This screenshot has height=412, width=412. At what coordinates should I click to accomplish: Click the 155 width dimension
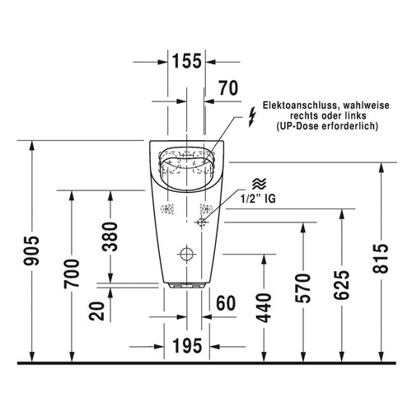[187, 61]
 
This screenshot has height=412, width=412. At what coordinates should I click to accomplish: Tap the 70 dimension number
[228, 88]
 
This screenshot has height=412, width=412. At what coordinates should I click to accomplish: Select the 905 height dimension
[31, 250]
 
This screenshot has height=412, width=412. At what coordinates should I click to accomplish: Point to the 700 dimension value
[72, 274]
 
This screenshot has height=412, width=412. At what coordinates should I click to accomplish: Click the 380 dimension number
[110, 236]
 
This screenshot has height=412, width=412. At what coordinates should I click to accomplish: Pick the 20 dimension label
[97, 311]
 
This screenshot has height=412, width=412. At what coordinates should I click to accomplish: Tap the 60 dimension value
[226, 303]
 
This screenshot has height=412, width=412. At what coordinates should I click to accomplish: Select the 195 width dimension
[187, 346]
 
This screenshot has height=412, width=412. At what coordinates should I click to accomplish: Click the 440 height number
[264, 307]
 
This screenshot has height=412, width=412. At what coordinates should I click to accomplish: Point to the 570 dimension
[303, 288]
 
